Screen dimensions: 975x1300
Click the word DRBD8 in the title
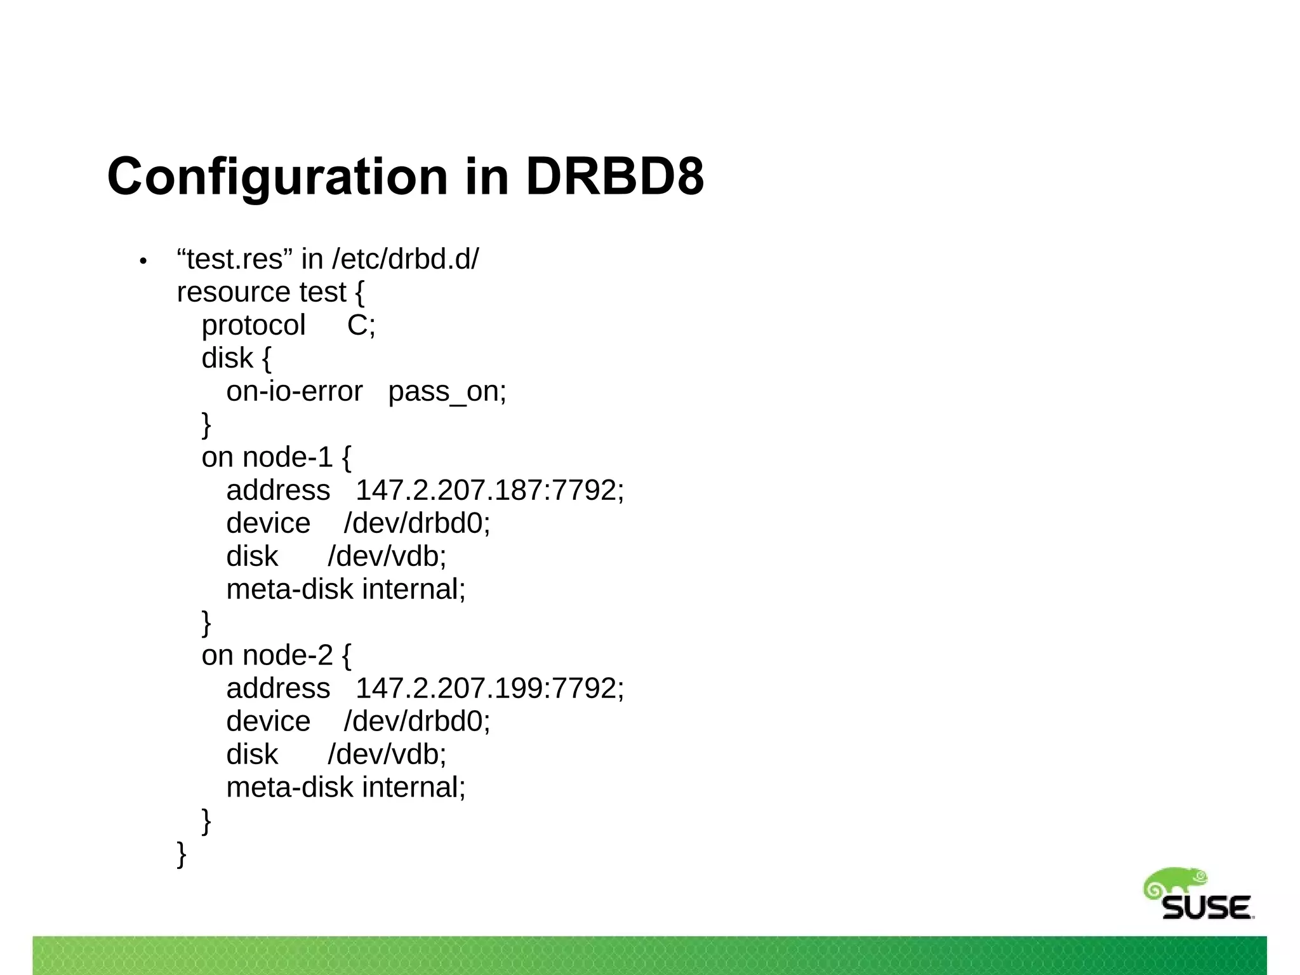(614, 176)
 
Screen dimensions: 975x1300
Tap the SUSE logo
(1198, 895)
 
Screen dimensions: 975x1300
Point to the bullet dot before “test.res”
(143, 261)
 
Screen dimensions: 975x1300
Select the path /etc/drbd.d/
(405, 259)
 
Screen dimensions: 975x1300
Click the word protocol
(253, 325)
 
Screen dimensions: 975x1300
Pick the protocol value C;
(361, 325)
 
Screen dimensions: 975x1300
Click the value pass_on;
(447, 391)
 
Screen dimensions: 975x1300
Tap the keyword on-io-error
(295, 391)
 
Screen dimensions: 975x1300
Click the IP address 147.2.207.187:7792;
(489, 490)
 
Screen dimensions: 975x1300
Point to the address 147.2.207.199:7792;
(489, 689)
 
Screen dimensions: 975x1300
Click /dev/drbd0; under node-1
(417, 523)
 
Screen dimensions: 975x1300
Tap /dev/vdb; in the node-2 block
(387, 755)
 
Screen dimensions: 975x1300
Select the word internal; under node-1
(413, 589)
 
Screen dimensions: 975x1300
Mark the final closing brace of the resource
(182, 854)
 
